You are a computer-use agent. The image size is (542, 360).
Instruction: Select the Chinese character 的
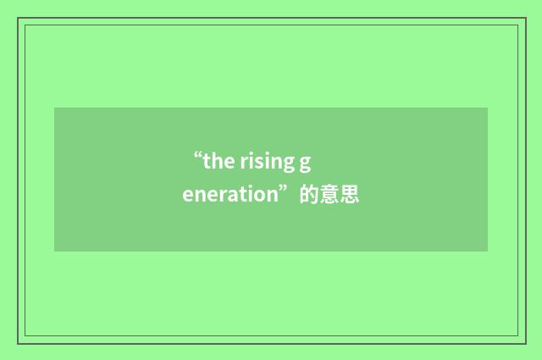pyautogui.click(x=309, y=196)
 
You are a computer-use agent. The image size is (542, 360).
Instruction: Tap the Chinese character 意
pyautogui.click(x=329, y=196)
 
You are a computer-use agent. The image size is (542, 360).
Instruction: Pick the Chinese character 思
pyautogui.click(x=350, y=196)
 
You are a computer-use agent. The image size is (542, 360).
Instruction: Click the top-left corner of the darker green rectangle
pyautogui.click(x=55, y=108)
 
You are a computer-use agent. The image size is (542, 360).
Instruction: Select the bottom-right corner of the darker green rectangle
pyautogui.click(x=487, y=251)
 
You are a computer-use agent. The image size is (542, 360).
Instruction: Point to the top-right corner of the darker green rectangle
pyautogui.click(x=487, y=108)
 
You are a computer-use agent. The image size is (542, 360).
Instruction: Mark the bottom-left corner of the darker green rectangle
pyautogui.click(x=55, y=251)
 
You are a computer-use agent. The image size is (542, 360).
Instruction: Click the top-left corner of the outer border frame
pyautogui.click(x=18, y=18)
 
